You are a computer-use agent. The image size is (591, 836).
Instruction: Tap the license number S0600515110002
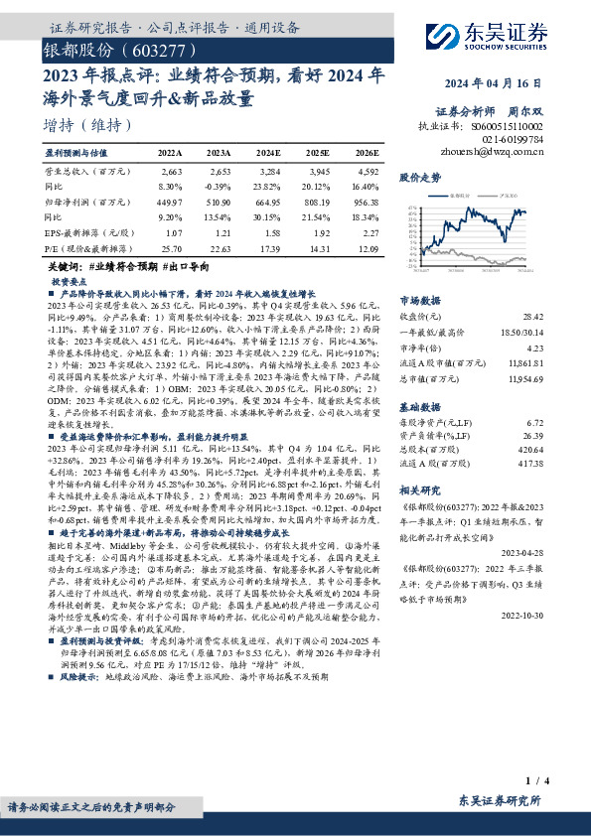pyautogui.click(x=508, y=127)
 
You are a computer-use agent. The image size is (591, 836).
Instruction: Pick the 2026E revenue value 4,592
pyautogui.click(x=366, y=172)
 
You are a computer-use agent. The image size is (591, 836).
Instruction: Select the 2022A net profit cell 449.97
pyautogui.click(x=170, y=200)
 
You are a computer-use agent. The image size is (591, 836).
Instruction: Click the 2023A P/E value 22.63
pyautogui.click(x=219, y=248)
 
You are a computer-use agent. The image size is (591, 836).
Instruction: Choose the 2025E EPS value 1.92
pyautogui.click(x=317, y=233)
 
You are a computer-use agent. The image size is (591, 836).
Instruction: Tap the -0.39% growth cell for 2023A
pyautogui.click(x=219, y=186)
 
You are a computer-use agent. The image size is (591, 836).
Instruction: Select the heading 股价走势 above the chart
pyautogui.click(x=419, y=177)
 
